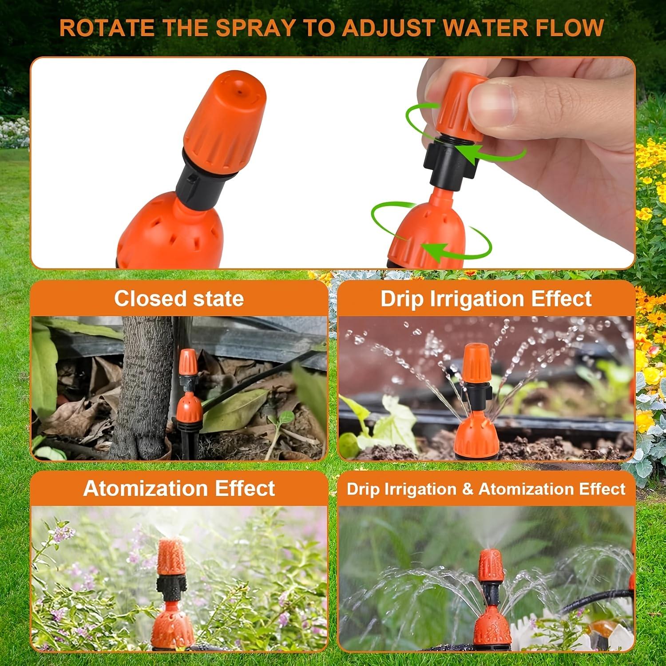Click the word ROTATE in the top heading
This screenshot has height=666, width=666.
(107, 28)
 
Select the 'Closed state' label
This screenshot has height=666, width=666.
(179, 298)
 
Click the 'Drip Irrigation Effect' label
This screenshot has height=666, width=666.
(486, 299)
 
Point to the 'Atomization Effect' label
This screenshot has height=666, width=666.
(179, 488)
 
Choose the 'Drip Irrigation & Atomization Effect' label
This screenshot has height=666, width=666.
(486, 489)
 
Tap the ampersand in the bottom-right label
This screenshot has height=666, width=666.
(468, 489)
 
